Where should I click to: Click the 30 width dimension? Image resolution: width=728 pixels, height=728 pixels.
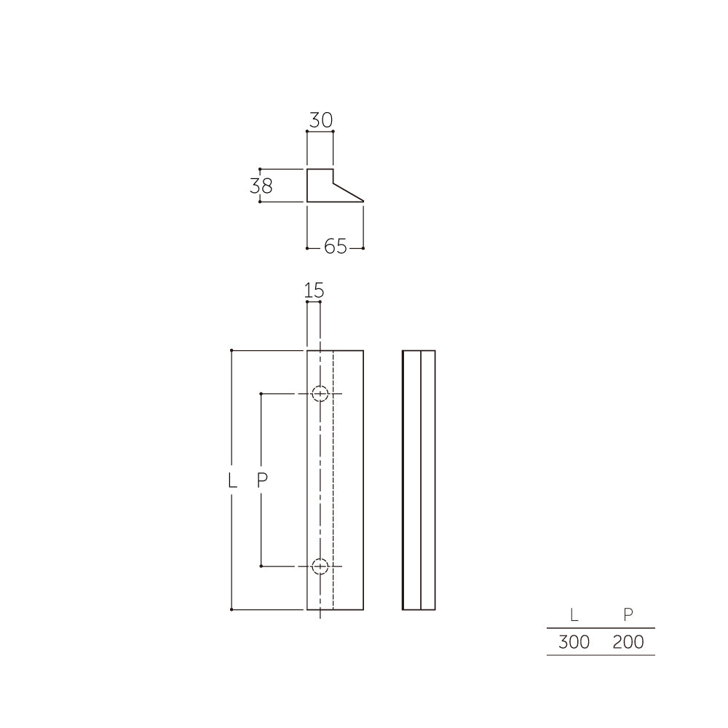320,120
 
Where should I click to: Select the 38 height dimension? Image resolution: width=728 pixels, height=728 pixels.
261,186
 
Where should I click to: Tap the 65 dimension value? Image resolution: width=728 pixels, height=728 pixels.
335,248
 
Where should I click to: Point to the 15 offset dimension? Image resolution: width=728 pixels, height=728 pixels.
314,290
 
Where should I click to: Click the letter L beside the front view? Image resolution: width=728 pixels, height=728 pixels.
232,480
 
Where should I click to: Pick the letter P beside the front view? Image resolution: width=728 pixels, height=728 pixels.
263,480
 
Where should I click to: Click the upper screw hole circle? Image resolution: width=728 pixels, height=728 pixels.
320,394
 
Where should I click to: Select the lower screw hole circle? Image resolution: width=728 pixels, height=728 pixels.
320,566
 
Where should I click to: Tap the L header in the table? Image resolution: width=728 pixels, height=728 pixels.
574,615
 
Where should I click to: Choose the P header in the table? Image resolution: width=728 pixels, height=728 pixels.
628,615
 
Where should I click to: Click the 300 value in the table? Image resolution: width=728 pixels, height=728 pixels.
574,643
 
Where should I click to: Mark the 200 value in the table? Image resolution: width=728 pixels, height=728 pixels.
628,643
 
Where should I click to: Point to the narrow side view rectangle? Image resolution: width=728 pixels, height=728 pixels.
419,480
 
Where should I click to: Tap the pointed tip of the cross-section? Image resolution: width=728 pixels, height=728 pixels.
362,201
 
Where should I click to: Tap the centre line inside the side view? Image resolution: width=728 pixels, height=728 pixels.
421,510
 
